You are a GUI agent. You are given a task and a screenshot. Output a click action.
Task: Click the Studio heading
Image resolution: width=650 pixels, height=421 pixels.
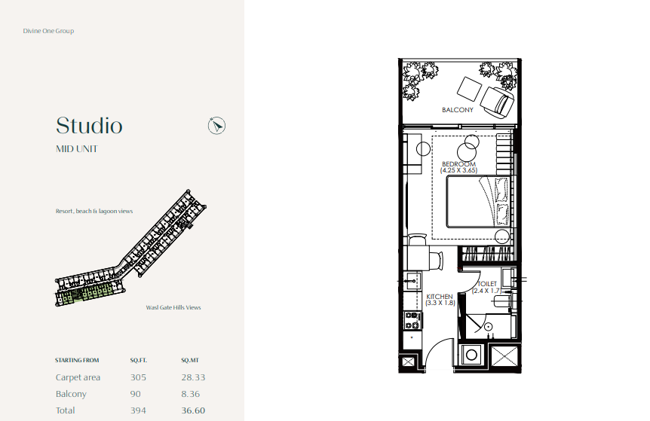click(89, 126)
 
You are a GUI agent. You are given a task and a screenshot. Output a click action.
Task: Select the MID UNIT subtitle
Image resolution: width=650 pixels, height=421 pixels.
click(77, 149)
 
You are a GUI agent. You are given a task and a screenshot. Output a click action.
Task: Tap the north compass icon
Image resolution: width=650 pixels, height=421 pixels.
click(216, 126)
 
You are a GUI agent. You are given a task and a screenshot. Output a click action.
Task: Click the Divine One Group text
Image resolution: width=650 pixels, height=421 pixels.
click(48, 31)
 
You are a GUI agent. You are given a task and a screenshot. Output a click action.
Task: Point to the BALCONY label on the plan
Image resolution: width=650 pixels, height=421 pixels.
click(457, 110)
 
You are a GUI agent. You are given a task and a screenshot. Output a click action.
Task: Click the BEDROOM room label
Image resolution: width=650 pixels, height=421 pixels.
click(458, 164)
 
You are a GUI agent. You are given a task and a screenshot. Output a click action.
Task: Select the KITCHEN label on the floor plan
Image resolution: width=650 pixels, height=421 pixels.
click(440, 297)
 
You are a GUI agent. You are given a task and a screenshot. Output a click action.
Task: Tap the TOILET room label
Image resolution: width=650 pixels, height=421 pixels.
click(486, 284)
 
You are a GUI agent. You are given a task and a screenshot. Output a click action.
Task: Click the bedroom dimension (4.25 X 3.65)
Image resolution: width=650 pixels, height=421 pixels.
click(458, 170)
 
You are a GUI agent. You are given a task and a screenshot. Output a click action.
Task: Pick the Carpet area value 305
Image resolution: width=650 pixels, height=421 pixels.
click(138, 377)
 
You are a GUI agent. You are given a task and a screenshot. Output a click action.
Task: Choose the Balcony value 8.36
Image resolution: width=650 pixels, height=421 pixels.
click(190, 394)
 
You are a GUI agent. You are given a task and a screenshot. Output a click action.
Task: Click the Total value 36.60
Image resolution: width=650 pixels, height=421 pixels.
click(193, 410)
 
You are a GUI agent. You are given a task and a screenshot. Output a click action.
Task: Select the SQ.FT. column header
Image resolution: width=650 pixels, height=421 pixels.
click(139, 360)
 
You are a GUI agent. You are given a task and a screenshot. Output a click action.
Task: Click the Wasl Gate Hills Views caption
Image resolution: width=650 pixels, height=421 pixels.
click(173, 307)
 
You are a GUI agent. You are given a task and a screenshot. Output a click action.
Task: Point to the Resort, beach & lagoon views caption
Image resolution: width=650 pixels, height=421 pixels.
click(94, 211)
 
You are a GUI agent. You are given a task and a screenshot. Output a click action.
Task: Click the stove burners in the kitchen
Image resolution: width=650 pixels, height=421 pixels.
click(412, 320)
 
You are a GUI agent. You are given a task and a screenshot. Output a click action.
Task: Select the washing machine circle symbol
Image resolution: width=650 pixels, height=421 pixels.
click(471, 355)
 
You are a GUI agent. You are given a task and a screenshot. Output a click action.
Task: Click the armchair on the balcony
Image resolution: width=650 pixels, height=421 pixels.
click(498, 102)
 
